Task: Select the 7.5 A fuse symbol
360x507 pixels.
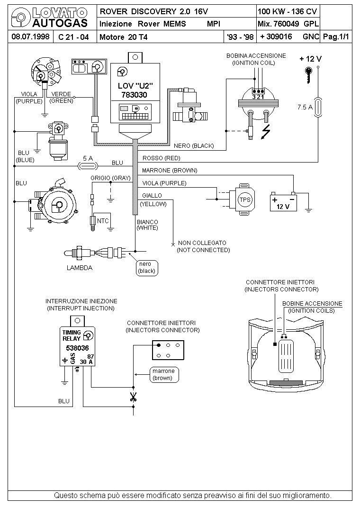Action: click(318, 107)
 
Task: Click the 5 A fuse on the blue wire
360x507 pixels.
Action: click(88, 166)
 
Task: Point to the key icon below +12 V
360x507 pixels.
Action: click(309, 75)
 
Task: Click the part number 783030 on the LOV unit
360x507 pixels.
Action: click(134, 95)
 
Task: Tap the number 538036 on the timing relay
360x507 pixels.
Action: click(77, 348)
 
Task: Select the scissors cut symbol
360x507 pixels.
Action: click(133, 397)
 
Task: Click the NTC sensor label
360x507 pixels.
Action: click(103, 221)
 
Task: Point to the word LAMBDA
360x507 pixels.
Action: click(80, 268)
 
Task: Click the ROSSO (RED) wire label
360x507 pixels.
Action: click(161, 158)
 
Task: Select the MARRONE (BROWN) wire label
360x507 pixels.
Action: click(170, 171)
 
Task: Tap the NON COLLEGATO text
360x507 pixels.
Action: click(202, 243)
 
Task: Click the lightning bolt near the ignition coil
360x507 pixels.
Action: click(266, 132)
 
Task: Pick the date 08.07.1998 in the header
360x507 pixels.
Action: click(30, 36)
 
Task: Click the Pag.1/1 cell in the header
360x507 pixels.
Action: click(336, 36)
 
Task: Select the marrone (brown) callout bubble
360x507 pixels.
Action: click(164, 374)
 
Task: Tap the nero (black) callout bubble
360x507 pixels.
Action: click(147, 268)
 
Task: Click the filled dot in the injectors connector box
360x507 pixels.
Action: click(159, 345)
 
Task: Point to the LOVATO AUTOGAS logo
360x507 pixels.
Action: click(49, 18)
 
